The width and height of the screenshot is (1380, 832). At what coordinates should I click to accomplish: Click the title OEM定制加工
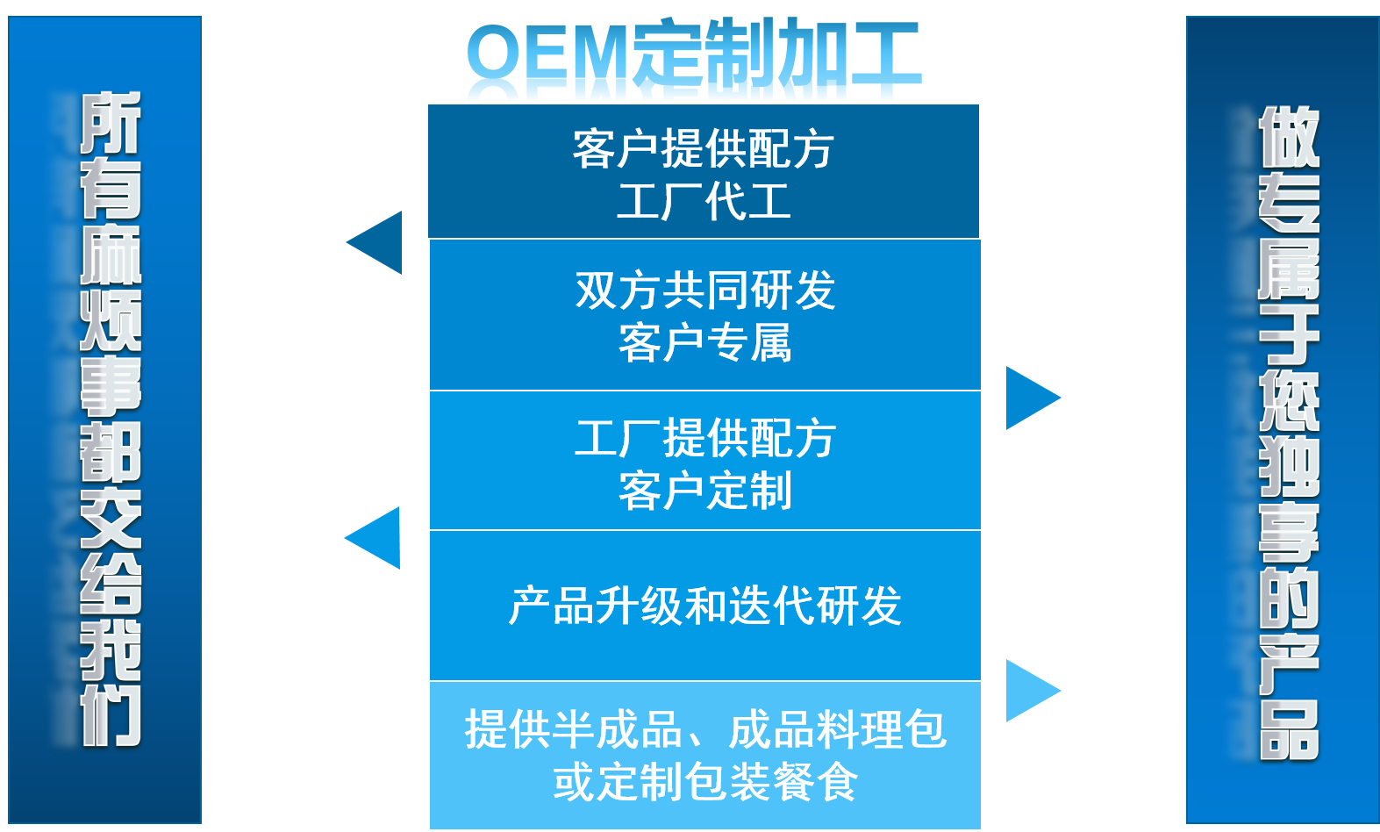tap(693, 60)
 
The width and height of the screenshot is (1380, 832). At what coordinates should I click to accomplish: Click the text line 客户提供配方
tap(704, 149)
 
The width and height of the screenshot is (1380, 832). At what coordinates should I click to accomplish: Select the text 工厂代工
tap(704, 202)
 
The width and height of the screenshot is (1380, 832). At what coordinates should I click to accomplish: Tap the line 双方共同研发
tap(705, 290)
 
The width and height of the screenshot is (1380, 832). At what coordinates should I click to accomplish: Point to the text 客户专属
tap(705, 343)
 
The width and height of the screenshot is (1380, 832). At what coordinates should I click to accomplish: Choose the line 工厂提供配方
tap(705, 438)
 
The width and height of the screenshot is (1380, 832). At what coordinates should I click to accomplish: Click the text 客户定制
tap(705, 491)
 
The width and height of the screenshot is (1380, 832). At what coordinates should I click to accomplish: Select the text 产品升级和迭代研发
tap(705, 606)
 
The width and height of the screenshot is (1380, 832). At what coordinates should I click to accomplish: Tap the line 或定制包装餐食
tap(705, 782)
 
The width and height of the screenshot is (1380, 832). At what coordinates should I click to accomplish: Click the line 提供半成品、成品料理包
tap(705, 729)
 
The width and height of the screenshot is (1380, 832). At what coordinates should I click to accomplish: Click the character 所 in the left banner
tap(111, 122)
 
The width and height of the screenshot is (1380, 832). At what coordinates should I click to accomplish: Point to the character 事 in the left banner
tap(111, 386)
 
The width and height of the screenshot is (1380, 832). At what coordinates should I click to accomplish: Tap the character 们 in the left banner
tap(111, 715)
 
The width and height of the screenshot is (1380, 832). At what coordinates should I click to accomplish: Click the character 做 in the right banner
tap(1289, 136)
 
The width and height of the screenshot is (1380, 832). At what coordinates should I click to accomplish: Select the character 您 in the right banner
tap(1289, 399)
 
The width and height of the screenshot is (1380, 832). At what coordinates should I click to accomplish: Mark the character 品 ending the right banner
tap(1289, 730)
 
